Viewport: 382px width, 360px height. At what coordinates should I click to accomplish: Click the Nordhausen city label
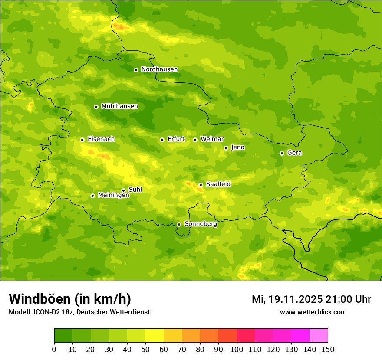coord(159,69)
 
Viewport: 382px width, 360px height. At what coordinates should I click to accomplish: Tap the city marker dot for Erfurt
coord(162,140)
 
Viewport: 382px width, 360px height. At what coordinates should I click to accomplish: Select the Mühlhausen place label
coord(119,106)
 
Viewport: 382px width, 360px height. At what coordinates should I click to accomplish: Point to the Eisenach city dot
coord(82,140)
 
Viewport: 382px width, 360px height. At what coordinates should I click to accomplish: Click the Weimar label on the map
coord(212,139)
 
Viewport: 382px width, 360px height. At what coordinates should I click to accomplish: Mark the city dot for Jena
coord(226,148)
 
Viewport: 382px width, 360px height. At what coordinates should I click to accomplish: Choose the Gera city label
coord(294,153)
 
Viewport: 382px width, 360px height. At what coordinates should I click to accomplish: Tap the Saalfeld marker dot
coord(201,185)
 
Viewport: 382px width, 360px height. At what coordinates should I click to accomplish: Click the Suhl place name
coord(135,190)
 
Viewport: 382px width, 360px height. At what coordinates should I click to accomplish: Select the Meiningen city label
coord(113,195)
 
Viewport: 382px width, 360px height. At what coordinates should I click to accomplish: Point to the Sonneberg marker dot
coord(179,224)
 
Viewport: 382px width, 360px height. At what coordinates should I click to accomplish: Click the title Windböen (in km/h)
coord(70,299)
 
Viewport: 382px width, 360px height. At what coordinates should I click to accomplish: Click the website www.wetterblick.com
coord(313,312)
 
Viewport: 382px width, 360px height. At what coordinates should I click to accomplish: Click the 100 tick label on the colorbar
coord(237,349)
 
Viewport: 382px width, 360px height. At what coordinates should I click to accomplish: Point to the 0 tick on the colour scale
coord(54,349)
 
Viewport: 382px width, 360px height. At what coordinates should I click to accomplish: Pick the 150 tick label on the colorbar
coord(328,349)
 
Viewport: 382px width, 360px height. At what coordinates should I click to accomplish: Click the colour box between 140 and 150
coord(319,336)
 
